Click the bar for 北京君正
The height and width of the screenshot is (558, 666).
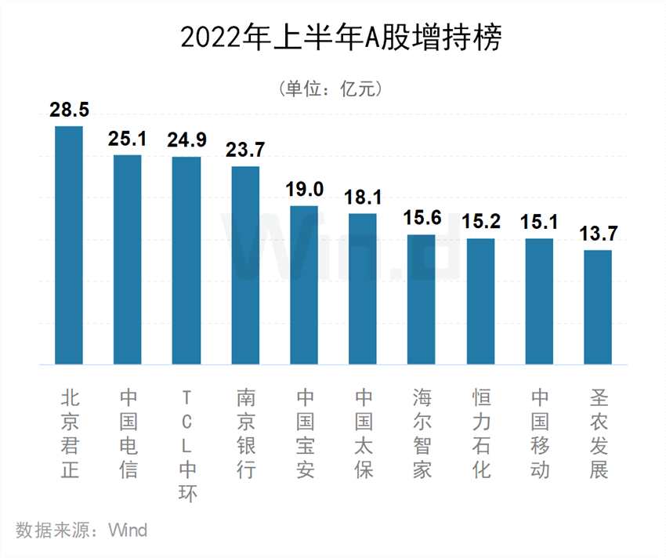(69, 245)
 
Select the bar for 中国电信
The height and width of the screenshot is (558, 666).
(128, 259)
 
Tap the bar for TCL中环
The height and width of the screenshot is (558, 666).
(186, 260)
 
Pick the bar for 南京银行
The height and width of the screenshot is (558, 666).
(245, 265)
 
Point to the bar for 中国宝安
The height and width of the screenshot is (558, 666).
(304, 285)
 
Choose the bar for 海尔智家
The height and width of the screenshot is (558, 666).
(422, 299)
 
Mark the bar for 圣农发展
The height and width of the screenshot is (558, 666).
(597, 307)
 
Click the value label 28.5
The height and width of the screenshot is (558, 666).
(69, 111)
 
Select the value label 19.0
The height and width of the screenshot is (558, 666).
(304, 190)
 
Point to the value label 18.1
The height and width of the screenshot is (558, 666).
(363, 198)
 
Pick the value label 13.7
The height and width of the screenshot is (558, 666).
(597, 234)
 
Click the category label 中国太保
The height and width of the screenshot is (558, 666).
(363, 433)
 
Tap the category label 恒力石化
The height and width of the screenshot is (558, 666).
(480, 433)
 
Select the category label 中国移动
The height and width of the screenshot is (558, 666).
(539, 433)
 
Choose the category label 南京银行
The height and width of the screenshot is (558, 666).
(245, 433)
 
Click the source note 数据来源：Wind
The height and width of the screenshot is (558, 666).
(81, 530)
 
